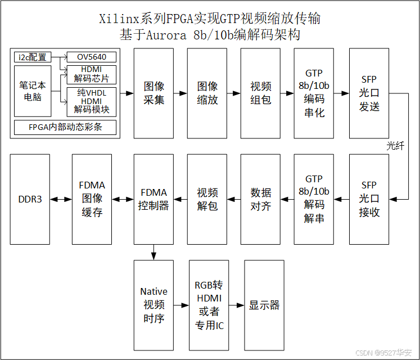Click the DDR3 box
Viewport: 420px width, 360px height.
click(30, 199)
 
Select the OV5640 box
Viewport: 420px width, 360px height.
click(92, 57)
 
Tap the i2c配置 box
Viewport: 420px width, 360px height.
click(33, 57)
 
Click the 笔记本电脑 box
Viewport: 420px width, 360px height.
click(33, 91)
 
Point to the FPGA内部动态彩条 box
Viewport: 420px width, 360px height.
click(65, 127)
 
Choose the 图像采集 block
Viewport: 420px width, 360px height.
click(153, 93)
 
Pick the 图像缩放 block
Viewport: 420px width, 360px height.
click(207, 93)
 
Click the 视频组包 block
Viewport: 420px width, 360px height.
click(260, 93)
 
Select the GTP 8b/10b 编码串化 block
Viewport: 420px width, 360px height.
click(314, 93)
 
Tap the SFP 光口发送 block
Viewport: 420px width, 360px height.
click(369, 93)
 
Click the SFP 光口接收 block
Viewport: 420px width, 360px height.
click(369, 199)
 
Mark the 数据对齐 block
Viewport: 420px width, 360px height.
click(260, 199)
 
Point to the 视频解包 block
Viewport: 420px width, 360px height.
click(207, 199)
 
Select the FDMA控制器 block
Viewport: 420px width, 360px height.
click(153, 199)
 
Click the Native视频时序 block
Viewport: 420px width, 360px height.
click(153, 305)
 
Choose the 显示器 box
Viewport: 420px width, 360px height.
click(264, 305)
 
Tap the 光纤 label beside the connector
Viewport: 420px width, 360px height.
click(395, 145)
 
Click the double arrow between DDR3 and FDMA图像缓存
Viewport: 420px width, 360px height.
click(61, 199)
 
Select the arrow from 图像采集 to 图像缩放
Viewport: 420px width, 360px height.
click(180, 93)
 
